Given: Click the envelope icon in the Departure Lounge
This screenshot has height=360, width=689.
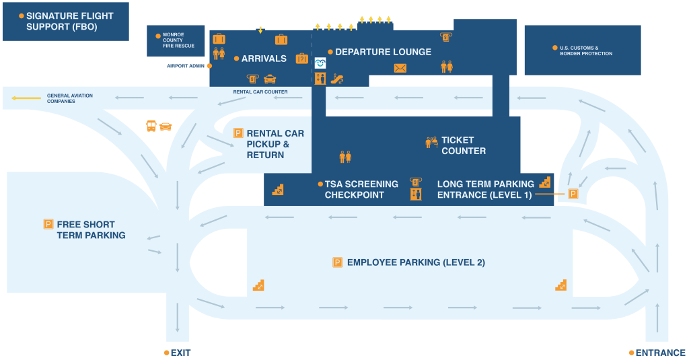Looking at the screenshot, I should pyautogui.click(x=400, y=68).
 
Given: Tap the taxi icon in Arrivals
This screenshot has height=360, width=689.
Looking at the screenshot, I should pyautogui.click(x=270, y=79).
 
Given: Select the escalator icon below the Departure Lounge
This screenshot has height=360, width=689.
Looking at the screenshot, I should pyautogui.click(x=337, y=79).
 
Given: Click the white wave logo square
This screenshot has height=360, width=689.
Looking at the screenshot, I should pyautogui.click(x=320, y=63).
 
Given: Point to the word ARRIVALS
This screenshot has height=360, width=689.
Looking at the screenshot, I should pyautogui.click(x=264, y=59).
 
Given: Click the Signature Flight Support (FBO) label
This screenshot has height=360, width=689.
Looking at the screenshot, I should pyautogui.click(x=69, y=22).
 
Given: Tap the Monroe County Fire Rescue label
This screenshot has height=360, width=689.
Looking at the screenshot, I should pyautogui.click(x=178, y=40).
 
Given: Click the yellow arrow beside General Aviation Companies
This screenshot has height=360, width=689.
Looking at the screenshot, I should pyautogui.click(x=26, y=98).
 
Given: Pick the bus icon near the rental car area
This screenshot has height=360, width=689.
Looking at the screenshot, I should pyautogui.click(x=151, y=125).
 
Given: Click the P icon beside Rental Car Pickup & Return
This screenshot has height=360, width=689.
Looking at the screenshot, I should pyautogui.click(x=238, y=133).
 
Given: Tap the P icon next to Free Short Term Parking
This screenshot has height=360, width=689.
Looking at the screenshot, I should pyautogui.click(x=48, y=224).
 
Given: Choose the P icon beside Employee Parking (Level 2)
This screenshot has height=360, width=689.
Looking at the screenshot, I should pyautogui.click(x=337, y=262).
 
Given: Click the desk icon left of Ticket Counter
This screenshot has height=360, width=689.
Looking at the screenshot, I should pyautogui.click(x=431, y=142).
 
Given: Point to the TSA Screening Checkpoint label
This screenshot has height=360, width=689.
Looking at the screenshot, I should pyautogui.click(x=361, y=189).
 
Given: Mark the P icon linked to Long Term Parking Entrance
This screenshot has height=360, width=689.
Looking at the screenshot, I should pyautogui.click(x=573, y=194).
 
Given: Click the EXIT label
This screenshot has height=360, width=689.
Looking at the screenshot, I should pyautogui.click(x=180, y=353).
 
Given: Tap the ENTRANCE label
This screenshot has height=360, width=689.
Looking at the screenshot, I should pyautogui.click(x=660, y=353).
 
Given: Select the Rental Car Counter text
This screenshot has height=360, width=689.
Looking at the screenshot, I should pyautogui.click(x=260, y=92).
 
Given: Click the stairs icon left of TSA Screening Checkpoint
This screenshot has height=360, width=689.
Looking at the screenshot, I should pyautogui.click(x=277, y=190).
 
